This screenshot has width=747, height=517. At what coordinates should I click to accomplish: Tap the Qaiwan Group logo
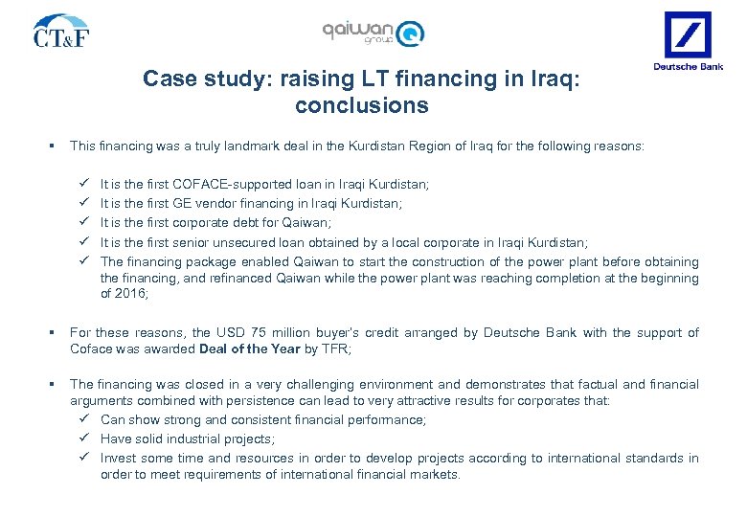(373, 33)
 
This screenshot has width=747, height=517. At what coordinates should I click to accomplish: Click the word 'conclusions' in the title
(362, 105)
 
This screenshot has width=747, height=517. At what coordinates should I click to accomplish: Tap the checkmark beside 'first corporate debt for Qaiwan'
(84, 222)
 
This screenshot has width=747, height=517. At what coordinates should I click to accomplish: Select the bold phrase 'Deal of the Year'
(249, 348)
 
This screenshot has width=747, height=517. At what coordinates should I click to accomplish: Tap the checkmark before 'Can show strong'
(84, 419)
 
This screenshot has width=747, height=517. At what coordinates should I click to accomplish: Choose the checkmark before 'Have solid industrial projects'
(84, 438)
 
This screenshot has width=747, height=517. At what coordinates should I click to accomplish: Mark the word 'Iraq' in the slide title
(553, 79)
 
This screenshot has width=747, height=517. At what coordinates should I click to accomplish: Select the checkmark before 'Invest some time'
(84, 458)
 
